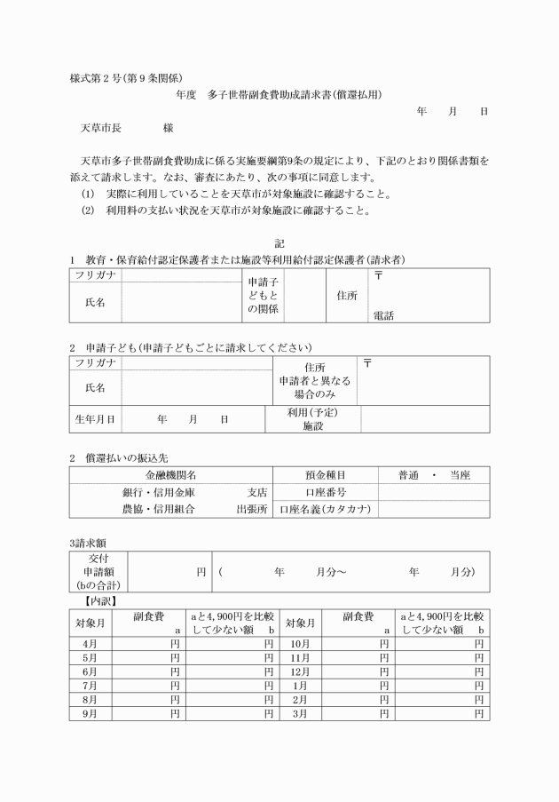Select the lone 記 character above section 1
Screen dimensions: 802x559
(x=279, y=242)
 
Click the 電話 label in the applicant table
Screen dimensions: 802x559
(x=383, y=315)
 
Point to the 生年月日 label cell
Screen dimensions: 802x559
(x=95, y=418)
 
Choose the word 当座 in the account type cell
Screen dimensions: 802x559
(x=460, y=475)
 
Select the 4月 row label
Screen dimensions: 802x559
(x=91, y=643)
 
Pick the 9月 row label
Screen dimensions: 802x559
(x=91, y=713)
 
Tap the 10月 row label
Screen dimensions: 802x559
(x=300, y=643)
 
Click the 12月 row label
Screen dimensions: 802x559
(x=300, y=671)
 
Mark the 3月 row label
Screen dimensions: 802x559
(x=300, y=713)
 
